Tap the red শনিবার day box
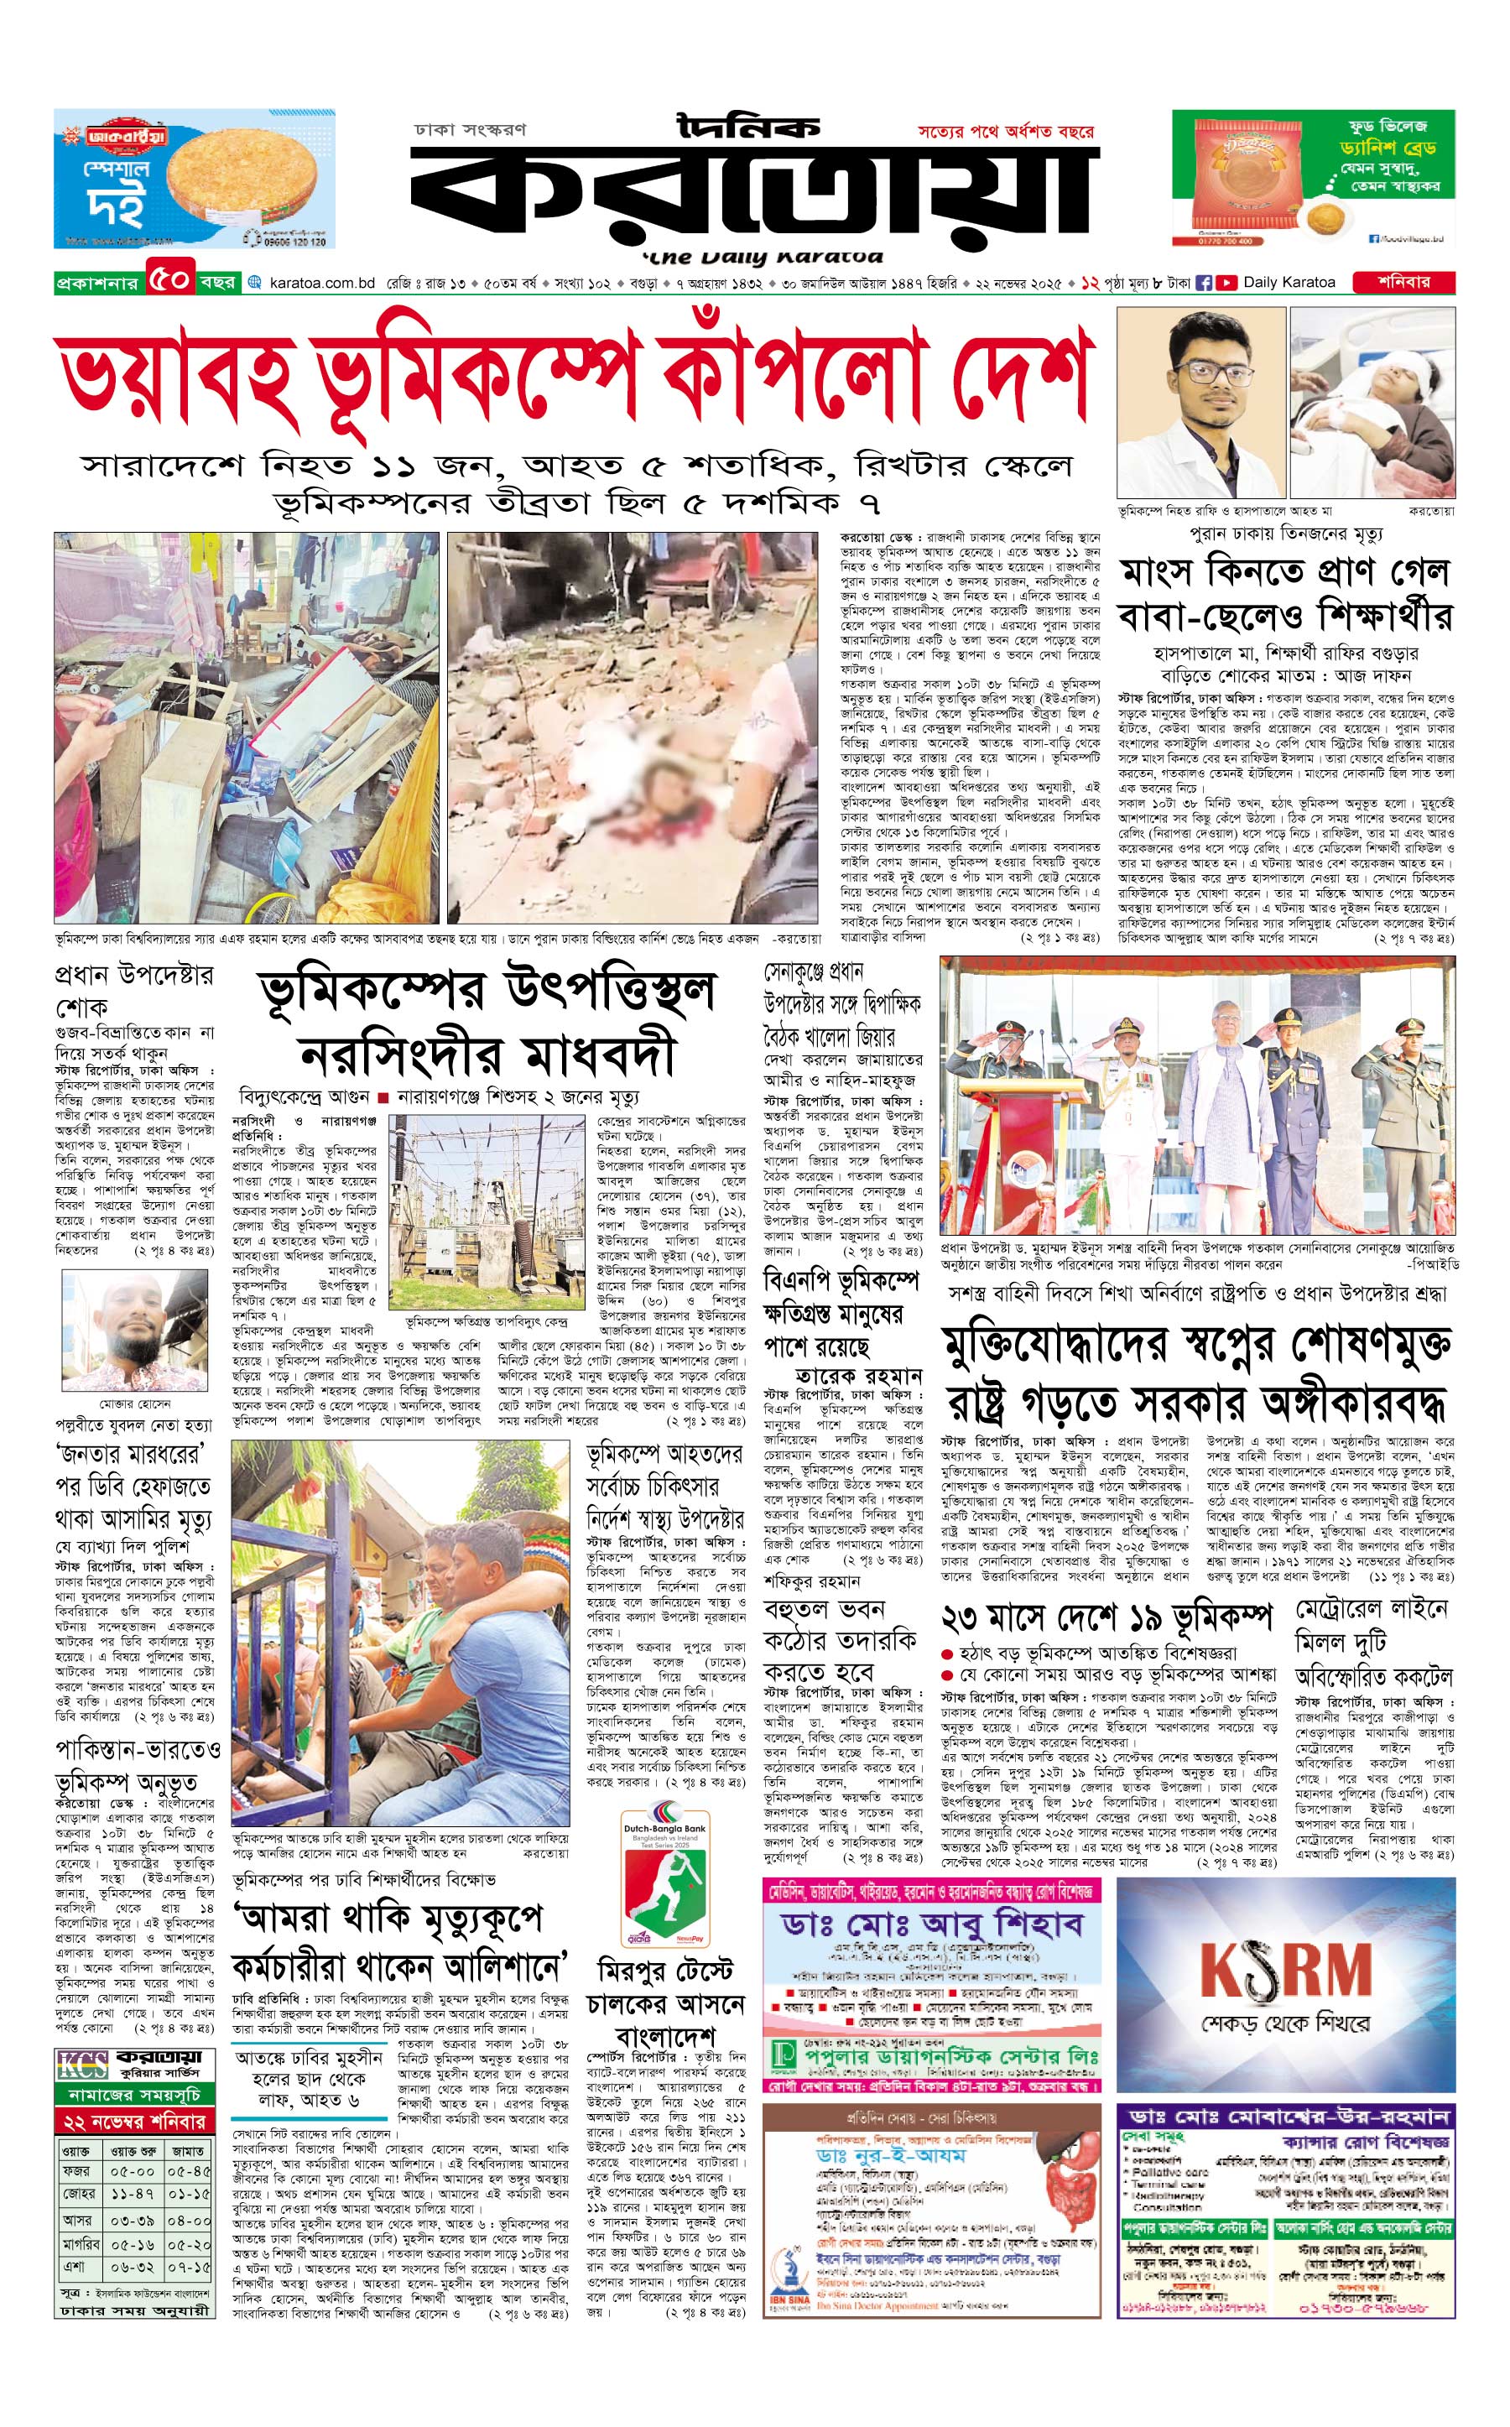pyautogui.click(x=1403, y=283)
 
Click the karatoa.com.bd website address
pyautogui.click(x=321, y=284)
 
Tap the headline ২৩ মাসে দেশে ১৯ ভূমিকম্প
pyautogui.click(x=1107, y=1616)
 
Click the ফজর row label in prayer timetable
pyautogui.click(x=75, y=2169)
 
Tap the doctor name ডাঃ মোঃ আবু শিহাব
pyautogui.click(x=932, y=1924)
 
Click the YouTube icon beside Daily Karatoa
pyautogui.click(x=1226, y=283)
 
